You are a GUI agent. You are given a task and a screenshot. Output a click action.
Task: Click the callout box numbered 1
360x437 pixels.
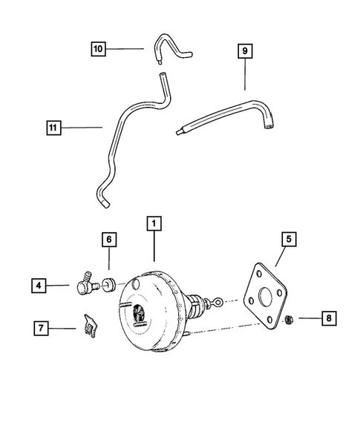coord(154,223)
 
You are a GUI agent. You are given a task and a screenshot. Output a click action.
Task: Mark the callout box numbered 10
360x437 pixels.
coord(99,49)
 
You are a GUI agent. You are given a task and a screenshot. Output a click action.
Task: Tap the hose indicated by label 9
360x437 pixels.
coord(223,115)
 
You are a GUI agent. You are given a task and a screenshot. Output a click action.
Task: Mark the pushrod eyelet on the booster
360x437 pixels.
coord(218,301)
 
